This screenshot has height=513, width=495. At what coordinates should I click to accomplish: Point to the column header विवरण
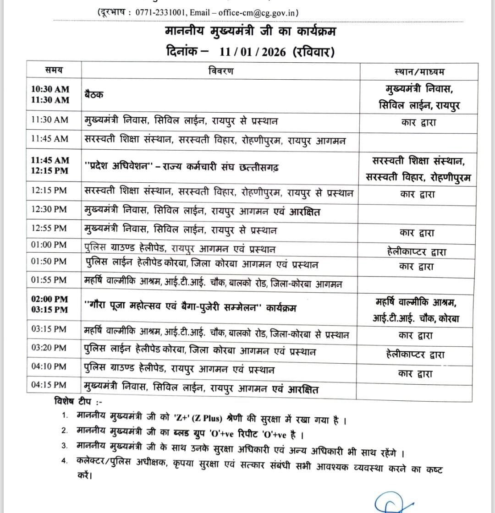click(x=220, y=71)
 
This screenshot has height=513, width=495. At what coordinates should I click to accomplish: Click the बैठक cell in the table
click(x=94, y=95)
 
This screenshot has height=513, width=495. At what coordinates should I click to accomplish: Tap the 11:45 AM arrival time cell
click(x=50, y=138)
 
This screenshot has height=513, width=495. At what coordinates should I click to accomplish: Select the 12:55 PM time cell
click(x=49, y=228)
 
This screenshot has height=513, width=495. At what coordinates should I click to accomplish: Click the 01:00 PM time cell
click(x=49, y=245)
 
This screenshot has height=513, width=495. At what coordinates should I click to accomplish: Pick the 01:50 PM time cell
click(x=49, y=261)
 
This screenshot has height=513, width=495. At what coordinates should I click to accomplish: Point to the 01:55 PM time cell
click(x=49, y=279)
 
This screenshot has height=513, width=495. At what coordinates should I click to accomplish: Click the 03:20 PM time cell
click(x=49, y=348)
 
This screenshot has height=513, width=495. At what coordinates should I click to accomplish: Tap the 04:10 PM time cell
click(x=49, y=366)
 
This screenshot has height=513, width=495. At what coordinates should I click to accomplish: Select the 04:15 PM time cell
click(x=49, y=385)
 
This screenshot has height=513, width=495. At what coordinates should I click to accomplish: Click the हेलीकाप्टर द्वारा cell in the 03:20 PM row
click(x=416, y=354)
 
